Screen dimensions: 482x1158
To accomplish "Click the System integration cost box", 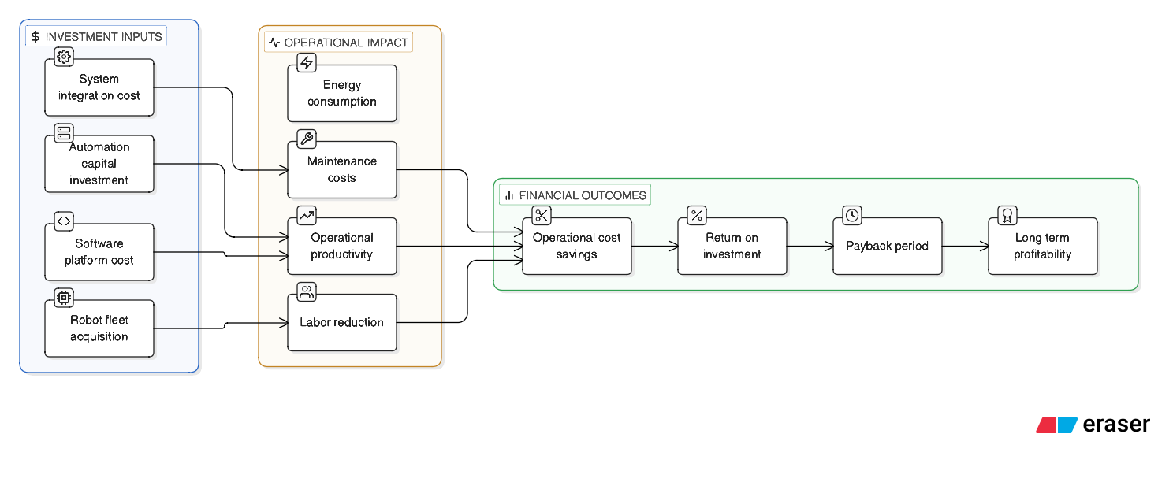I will [x=99, y=87].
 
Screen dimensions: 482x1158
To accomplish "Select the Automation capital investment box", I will [x=99, y=164].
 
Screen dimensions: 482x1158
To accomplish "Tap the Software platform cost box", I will [x=99, y=252].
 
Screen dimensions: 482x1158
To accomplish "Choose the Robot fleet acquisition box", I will [x=99, y=328].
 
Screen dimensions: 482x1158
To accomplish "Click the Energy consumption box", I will [x=342, y=94].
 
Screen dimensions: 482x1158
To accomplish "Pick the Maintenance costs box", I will [x=342, y=170].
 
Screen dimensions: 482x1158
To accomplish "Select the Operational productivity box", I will [x=342, y=247].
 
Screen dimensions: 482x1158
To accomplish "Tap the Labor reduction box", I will [x=342, y=323].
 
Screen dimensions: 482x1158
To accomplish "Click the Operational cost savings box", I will [x=577, y=247].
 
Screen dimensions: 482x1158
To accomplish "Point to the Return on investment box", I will [x=732, y=247].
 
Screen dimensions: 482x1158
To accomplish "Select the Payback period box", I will [x=888, y=247].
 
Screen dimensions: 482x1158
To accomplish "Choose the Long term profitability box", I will [x=1043, y=247].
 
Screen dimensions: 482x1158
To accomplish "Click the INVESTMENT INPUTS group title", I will [x=97, y=36].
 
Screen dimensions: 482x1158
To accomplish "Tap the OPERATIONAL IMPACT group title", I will [x=339, y=43].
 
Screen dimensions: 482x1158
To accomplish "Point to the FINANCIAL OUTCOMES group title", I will [x=575, y=195].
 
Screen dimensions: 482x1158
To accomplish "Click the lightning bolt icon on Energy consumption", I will [x=307, y=63].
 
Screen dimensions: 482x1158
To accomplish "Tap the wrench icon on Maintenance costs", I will [x=307, y=139].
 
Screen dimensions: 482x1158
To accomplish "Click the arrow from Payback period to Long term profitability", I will [x=965, y=247].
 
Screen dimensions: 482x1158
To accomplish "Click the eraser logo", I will [x=1093, y=425].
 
